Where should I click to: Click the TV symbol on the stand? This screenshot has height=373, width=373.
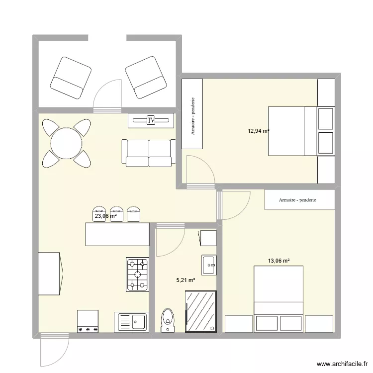pyautogui.click(x=151, y=120)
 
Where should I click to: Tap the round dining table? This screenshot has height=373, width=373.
pyautogui.click(x=66, y=143)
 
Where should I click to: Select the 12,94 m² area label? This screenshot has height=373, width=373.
pyautogui.click(x=259, y=131)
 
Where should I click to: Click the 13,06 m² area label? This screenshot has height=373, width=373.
pyautogui.click(x=279, y=260)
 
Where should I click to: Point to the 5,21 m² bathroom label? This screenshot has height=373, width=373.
pyautogui.click(x=186, y=280)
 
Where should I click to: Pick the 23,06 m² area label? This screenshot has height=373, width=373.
pyautogui.click(x=105, y=216)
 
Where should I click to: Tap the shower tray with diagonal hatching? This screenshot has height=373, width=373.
pyautogui.click(x=201, y=312)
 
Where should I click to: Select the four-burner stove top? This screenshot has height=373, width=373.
pyautogui.click(x=138, y=274)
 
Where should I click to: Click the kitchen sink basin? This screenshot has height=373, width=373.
pyautogui.click(x=131, y=322)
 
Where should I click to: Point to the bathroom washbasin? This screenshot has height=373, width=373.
pyautogui.click(x=209, y=265)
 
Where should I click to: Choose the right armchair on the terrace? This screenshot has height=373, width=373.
pyautogui.click(x=145, y=78)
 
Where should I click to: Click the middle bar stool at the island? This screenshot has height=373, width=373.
pyautogui.click(x=117, y=213)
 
